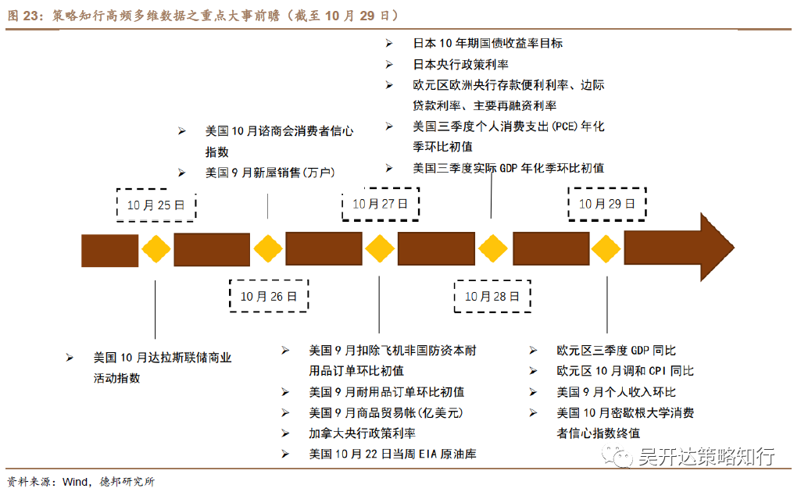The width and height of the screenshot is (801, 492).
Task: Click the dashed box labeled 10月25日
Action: pyautogui.click(x=156, y=205)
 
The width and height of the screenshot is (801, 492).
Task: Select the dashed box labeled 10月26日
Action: pyautogui.click(x=268, y=296)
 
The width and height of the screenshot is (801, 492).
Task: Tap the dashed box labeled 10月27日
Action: pyautogui.click(x=380, y=204)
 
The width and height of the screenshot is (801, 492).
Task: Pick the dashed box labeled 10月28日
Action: pyautogui.click(x=492, y=296)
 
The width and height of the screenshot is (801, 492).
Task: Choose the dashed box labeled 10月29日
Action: pyautogui.click(x=606, y=204)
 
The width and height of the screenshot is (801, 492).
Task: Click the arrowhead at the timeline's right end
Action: pyautogui.click(x=716, y=249)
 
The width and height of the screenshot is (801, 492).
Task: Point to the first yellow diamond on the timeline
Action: pyautogui.click(x=156, y=250)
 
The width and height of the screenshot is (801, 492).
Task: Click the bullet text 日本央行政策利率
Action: pyautogui.click(x=460, y=64)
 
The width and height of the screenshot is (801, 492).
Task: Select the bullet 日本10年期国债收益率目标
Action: pyautogui.click(x=488, y=44)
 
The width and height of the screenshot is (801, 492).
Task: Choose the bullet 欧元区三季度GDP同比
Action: pyautogui.click(x=617, y=351)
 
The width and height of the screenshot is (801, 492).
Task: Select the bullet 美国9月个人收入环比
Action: pyautogui.click(x=617, y=392)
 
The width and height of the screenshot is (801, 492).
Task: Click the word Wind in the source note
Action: pyautogui.click(x=75, y=481)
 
